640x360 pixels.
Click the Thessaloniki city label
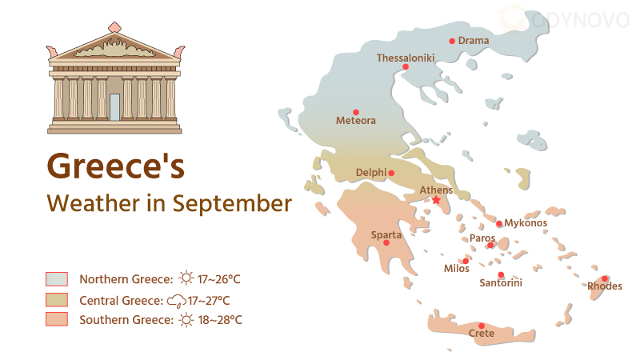click(x=405, y=58)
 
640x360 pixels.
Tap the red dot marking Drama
click(x=452, y=41)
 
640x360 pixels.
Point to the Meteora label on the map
click(x=355, y=121)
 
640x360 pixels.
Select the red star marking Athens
click(x=436, y=200)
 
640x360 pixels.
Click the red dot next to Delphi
click(x=392, y=173)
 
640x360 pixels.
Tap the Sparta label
click(x=386, y=234)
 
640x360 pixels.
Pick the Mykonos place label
click(x=526, y=222)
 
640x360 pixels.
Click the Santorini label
click(x=500, y=282)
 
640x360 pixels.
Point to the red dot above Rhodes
click(x=605, y=278)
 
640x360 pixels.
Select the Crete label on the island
click(x=481, y=334)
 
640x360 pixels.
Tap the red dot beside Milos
click(x=466, y=261)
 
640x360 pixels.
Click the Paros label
click(x=482, y=238)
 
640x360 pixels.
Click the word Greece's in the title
click(x=115, y=166)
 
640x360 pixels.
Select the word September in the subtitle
click(x=233, y=203)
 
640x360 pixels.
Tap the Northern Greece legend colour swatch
click(x=57, y=279)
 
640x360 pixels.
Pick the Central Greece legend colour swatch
click(x=57, y=300)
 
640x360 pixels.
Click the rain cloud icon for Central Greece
click(x=176, y=301)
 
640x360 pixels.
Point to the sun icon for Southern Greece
click(x=186, y=320)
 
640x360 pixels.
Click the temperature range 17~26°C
click(x=219, y=279)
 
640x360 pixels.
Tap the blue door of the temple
click(x=114, y=106)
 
